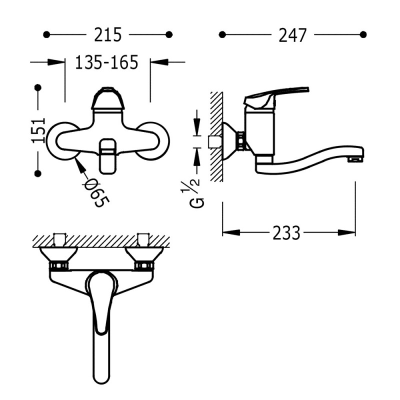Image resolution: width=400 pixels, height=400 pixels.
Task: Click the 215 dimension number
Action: tap(108, 34)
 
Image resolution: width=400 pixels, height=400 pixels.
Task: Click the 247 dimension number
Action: tap(292, 35)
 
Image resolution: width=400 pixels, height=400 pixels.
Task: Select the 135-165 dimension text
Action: tap(106, 62)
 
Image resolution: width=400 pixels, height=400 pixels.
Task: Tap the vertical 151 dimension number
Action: tap(38, 130)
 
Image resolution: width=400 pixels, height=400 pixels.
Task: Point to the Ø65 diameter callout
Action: tap(97, 192)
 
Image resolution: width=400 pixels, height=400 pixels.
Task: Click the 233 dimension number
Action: tap(286, 232)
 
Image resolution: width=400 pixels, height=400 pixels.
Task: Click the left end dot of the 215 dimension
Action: tap(46, 34)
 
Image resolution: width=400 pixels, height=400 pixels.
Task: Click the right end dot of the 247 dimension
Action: tap(363, 34)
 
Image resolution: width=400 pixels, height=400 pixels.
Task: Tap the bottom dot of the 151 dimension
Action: tap(38, 173)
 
